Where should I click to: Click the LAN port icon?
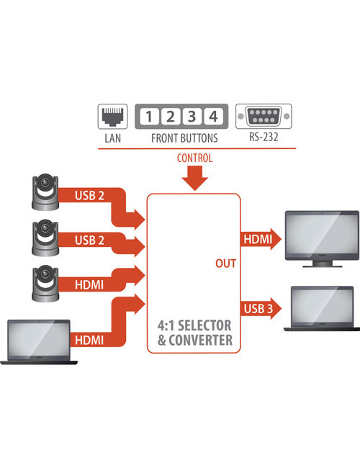112,117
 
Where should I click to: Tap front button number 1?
148,117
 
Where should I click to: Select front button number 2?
170,117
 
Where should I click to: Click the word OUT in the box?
225,264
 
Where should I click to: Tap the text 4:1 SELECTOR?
194,325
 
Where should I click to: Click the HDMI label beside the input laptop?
89,339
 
